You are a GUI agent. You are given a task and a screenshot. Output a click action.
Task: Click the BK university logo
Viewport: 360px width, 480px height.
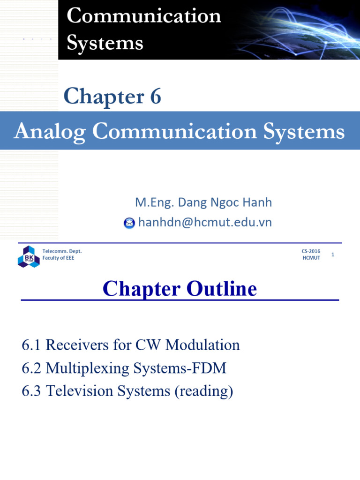[x=29, y=256]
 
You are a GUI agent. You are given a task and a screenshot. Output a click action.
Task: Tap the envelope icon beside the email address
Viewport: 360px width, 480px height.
[x=129, y=223]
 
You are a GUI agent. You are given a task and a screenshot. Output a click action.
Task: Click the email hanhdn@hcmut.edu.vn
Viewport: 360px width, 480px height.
[x=205, y=222]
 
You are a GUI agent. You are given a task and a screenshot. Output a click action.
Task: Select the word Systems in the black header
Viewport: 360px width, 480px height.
[x=105, y=43]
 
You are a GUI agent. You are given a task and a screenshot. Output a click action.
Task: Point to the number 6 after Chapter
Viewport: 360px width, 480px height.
[x=156, y=97]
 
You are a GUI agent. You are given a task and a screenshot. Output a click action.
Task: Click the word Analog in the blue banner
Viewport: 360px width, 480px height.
[x=50, y=132]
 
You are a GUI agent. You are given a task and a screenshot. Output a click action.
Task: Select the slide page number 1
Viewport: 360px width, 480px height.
[x=333, y=255]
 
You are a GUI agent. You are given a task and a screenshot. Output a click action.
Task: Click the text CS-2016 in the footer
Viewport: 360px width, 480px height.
[x=311, y=252]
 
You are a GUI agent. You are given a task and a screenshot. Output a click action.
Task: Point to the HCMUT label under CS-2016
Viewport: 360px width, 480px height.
[x=311, y=258]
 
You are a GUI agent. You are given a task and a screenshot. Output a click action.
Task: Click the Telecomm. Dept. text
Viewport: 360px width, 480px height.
[x=62, y=252]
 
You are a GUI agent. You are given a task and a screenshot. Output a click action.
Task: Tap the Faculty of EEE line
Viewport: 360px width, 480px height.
[x=58, y=258]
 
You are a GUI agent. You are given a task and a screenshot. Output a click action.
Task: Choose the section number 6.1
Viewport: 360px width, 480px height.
[x=32, y=345]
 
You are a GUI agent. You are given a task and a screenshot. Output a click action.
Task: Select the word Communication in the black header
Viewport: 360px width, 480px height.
[x=143, y=16]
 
